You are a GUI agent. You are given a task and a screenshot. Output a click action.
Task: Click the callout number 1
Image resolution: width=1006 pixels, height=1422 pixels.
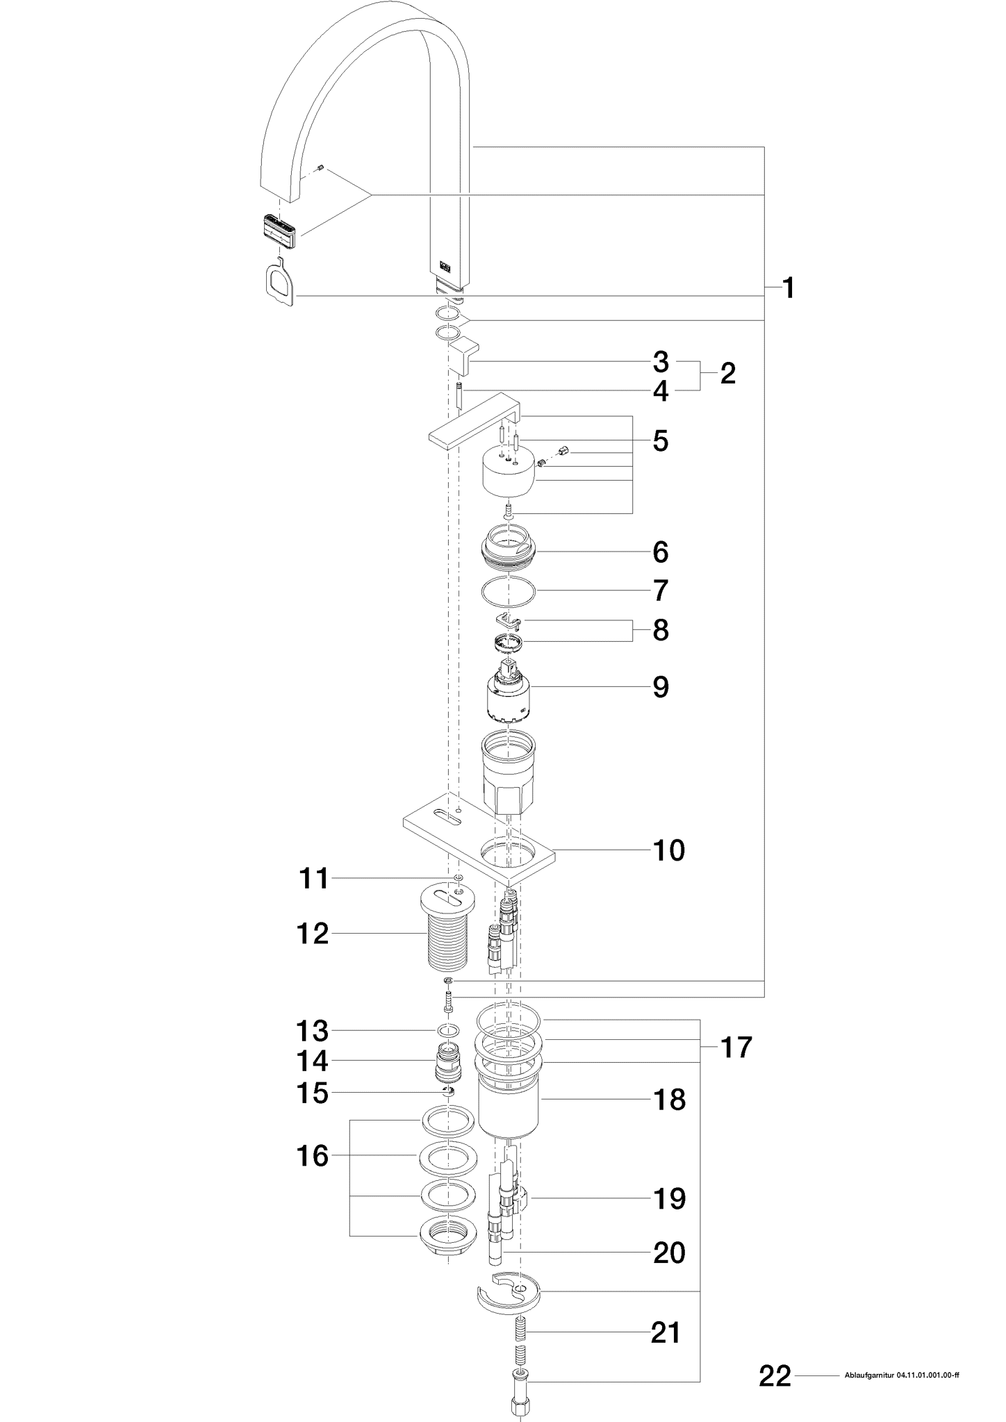pos(788,288)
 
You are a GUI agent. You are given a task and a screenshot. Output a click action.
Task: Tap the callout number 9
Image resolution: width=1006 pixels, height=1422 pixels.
pos(660,687)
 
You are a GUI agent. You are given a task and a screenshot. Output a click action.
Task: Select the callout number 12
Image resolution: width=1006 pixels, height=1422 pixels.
pos(312,934)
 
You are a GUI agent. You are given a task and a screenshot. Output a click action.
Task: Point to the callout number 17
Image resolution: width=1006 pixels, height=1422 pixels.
pos(736,1048)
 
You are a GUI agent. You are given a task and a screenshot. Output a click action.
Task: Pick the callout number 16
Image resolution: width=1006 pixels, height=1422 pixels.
pos(312,1156)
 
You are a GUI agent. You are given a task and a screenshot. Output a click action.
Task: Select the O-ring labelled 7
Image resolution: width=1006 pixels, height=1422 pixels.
pos(509,591)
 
